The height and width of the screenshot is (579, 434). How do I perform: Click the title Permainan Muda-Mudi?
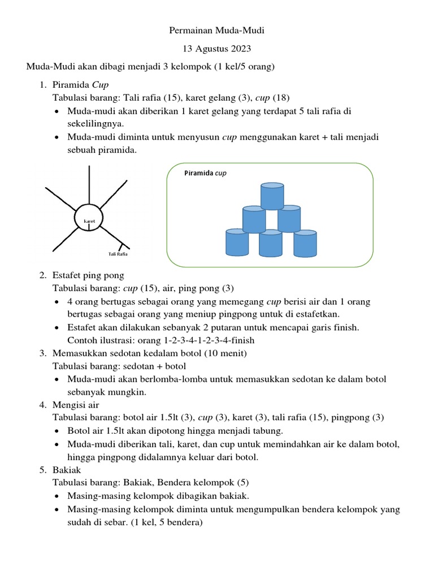pos(217,31)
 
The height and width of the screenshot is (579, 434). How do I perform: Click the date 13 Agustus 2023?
pos(217,49)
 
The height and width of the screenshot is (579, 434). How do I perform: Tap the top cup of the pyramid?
pos(272,196)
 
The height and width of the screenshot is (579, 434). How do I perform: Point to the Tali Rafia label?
pos(118,254)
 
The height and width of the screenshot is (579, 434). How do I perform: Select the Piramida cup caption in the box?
pos(205,174)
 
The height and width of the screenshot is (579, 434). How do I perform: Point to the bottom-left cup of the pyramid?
pos(237,243)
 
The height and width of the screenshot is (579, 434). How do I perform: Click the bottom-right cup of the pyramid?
pos(305,243)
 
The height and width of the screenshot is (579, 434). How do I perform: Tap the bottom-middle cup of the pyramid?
pos(271,243)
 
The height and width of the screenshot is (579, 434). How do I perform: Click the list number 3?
pos(42,353)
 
